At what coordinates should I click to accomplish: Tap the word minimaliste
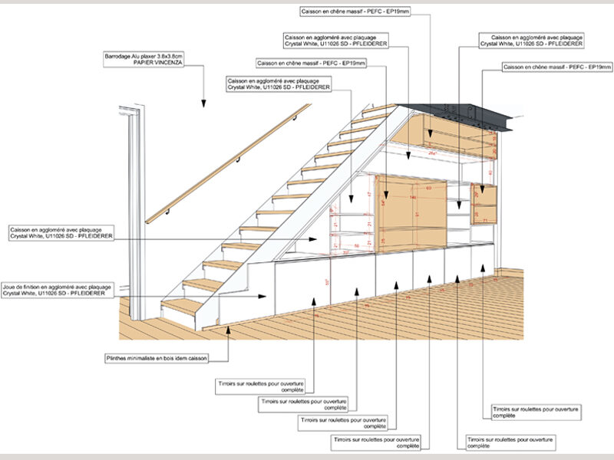[x=145, y=358]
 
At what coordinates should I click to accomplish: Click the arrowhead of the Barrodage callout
[x=203, y=105]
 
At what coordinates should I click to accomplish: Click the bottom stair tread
[x=183, y=305]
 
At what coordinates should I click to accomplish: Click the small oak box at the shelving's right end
[x=485, y=204]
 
